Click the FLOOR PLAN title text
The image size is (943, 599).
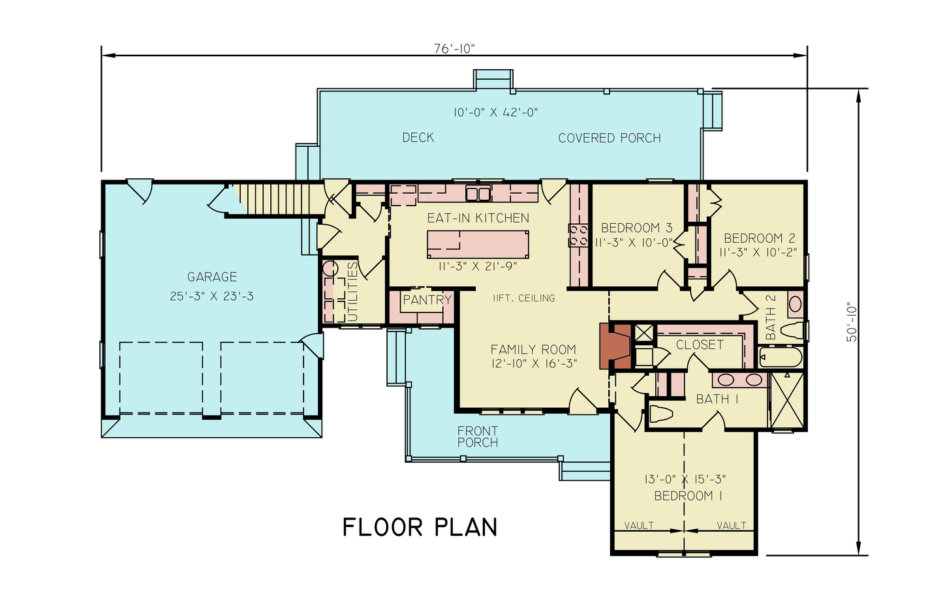click(420, 527)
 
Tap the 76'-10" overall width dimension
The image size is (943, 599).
click(454, 49)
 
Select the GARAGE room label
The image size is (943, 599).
click(212, 277)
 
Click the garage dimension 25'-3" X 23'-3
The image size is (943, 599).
click(212, 296)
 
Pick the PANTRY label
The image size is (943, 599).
click(427, 300)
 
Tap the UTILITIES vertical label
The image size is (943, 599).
click(352, 292)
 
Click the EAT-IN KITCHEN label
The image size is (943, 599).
click(478, 218)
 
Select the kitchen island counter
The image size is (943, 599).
click(478, 245)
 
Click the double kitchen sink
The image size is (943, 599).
click(478, 193)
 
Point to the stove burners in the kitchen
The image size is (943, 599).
click(578, 236)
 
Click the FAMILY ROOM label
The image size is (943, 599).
click(533, 350)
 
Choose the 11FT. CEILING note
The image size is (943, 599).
click(523, 298)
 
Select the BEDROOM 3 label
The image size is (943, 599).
click(636, 228)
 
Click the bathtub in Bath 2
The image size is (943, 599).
click(781, 358)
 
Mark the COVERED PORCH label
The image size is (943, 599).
click(610, 138)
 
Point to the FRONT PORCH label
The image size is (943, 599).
click(477, 437)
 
